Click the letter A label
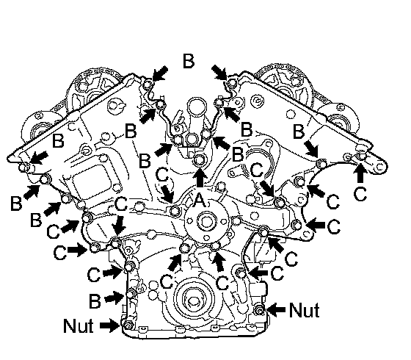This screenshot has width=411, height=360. pyautogui.click(x=200, y=201)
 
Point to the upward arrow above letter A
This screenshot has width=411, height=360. pyautogui.click(x=200, y=177)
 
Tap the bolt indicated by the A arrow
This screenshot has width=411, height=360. pyautogui.click(x=200, y=159)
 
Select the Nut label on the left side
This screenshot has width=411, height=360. pyautogui.click(x=79, y=325)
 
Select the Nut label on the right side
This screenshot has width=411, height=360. pyautogui.click(x=305, y=310)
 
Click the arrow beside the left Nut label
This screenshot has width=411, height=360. pyautogui.click(x=110, y=325)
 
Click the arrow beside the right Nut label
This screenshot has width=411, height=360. pyautogui.click(x=276, y=310)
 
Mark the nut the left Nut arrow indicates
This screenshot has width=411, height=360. pyautogui.click(x=128, y=325)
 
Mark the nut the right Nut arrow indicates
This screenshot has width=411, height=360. pyautogui.click(x=260, y=310)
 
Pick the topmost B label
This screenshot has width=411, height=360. pyautogui.click(x=189, y=61)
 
